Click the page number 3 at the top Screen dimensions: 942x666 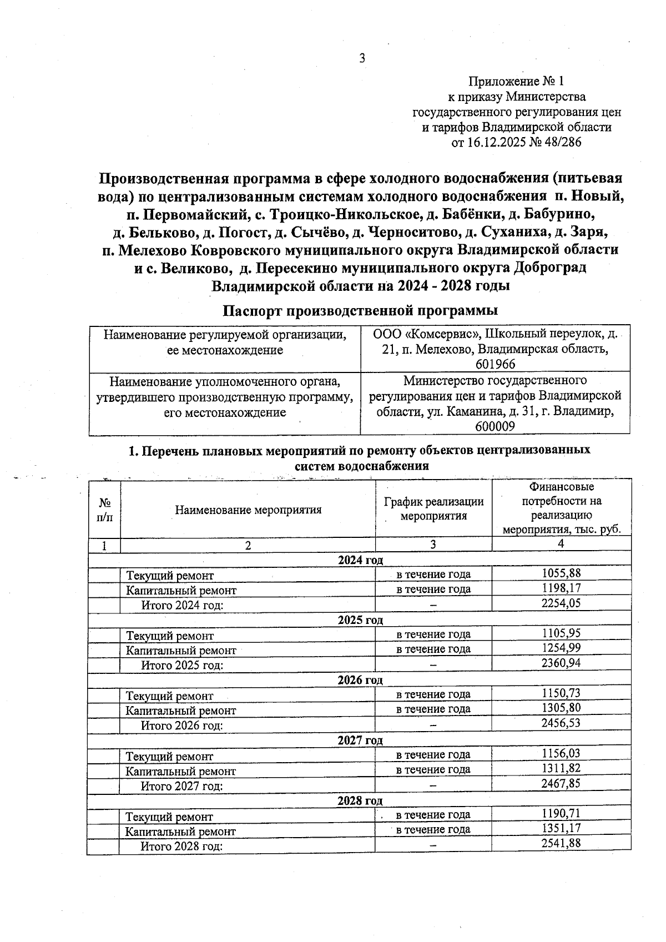pos(362,58)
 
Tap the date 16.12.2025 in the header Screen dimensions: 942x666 pos(495,143)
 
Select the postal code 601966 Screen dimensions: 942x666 pos(495,364)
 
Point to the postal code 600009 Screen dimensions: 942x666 pos(495,426)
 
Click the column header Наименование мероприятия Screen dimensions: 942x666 pos(248,510)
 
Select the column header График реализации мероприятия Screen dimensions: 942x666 pos(433,508)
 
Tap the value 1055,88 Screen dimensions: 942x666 pos(561,573)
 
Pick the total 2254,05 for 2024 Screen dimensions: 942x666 pos(561,603)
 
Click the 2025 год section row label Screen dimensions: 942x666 pos(360,619)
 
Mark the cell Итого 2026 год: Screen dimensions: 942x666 pos(182,726)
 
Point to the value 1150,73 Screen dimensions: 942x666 pos(561,693)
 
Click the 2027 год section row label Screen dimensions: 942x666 pos(360,740)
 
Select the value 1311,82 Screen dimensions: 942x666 pos(561,769)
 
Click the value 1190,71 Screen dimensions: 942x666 pos(561,814)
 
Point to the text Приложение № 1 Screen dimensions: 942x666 pos(516,82)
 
